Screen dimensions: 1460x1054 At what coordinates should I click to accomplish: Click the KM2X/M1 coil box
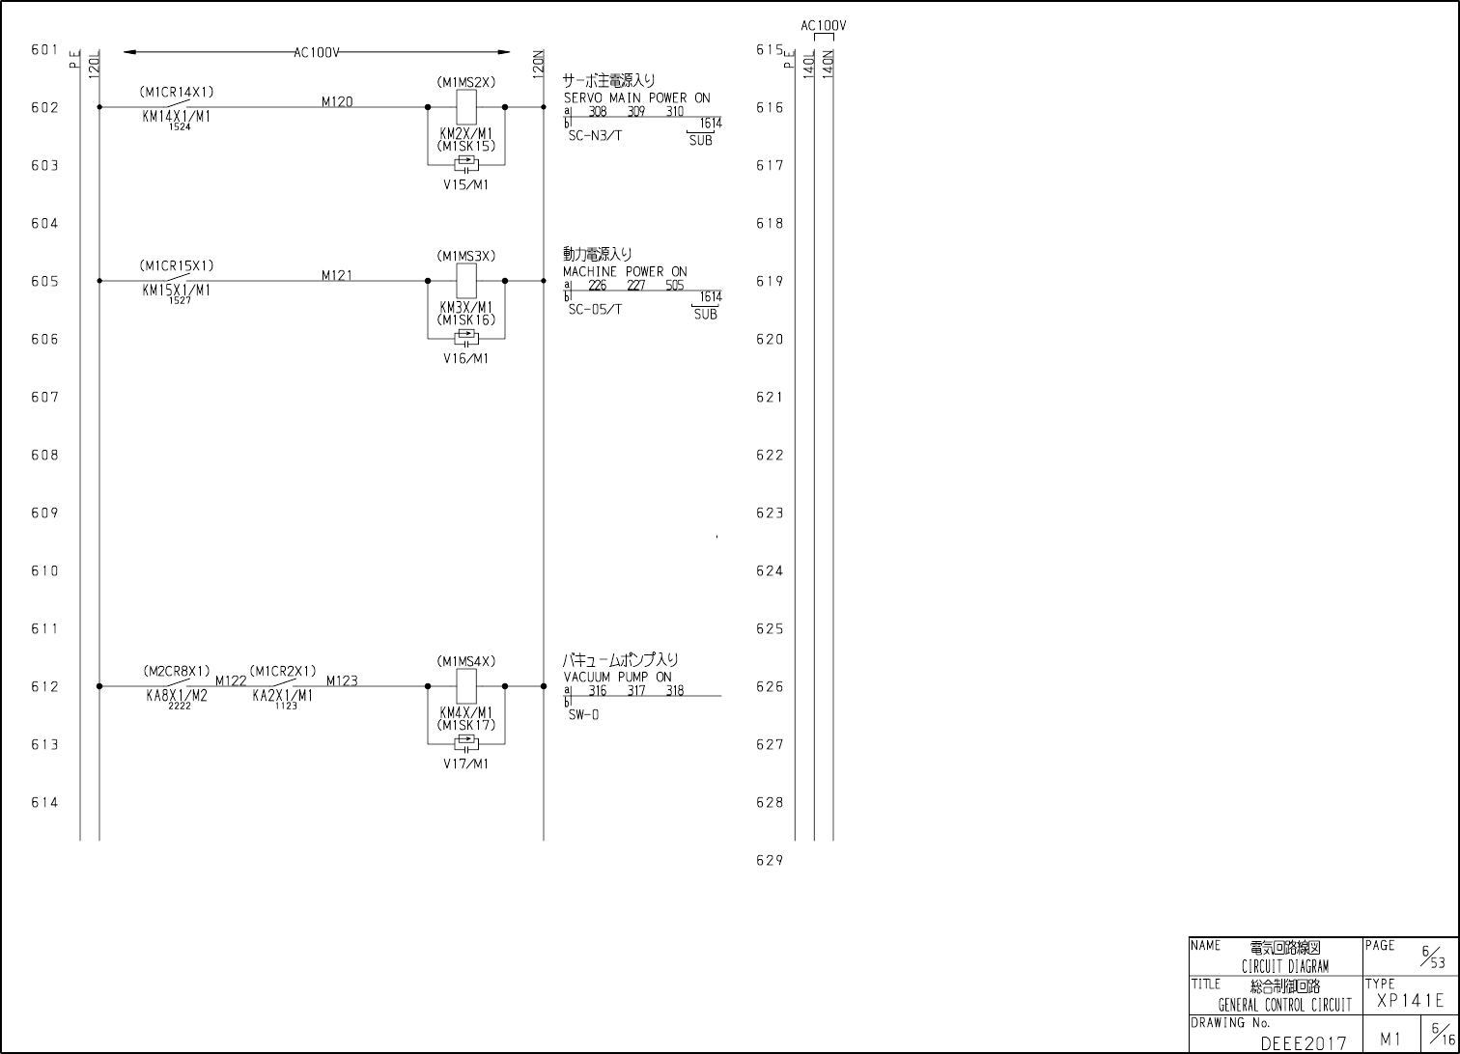(466, 107)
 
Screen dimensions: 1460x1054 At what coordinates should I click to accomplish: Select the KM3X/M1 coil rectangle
(466, 281)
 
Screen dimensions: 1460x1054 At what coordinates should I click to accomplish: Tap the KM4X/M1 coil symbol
(466, 686)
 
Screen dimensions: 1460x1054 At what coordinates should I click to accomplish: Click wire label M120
(337, 101)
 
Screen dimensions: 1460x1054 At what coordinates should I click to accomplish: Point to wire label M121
(337, 275)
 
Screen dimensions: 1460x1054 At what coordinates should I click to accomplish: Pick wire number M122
(231, 680)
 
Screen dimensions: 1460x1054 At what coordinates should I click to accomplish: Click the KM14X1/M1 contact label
(177, 116)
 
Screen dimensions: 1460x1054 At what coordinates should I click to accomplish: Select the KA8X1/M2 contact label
(177, 695)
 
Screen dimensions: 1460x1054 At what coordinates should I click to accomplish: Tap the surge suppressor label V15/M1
(466, 184)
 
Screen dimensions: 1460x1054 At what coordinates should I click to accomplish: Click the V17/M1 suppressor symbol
(466, 743)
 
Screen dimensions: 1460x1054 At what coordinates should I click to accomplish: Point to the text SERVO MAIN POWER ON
(636, 97)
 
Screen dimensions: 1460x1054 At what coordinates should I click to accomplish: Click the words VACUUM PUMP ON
(618, 677)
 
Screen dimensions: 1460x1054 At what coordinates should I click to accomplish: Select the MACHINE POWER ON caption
(625, 271)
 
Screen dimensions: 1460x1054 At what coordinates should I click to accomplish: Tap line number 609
(44, 513)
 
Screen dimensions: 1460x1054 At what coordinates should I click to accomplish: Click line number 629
(770, 860)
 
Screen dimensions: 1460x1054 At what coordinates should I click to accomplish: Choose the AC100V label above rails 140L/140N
(824, 26)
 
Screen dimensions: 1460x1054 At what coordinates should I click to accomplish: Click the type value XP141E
(1411, 1001)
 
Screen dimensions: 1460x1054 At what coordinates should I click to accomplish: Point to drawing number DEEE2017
(1303, 1042)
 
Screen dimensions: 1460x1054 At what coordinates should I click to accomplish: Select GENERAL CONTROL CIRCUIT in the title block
(1284, 1005)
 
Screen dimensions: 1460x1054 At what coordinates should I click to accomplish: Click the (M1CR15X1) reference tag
(177, 265)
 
